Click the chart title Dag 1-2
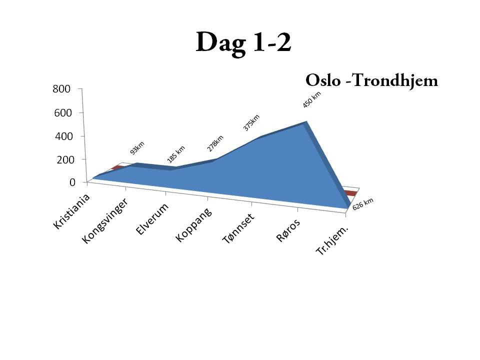243,43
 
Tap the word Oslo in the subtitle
323,80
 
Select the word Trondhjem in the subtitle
395,80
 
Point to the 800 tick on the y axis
61,89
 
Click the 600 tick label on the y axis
63,113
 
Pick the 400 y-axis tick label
64,136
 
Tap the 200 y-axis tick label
65,159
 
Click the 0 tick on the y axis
72,182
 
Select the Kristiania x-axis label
71,211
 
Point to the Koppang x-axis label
193,225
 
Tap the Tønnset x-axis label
238,228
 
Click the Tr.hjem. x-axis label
332,240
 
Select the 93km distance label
137,148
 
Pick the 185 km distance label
176,154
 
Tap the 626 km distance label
363,204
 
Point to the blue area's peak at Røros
305,122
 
